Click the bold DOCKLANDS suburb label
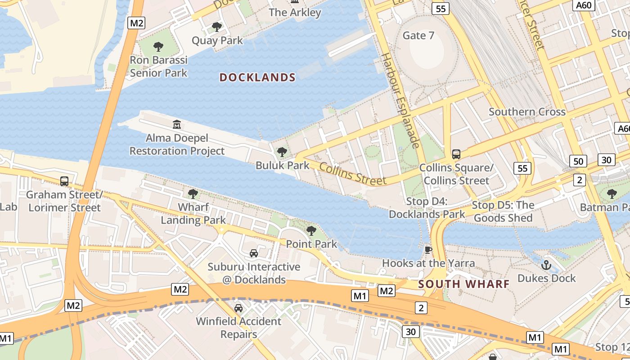click(x=257, y=77)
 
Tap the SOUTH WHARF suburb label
click(x=463, y=284)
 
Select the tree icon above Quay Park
click(x=217, y=27)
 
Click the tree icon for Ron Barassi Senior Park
click(x=158, y=46)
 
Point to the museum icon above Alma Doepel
click(x=177, y=124)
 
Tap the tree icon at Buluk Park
click(x=282, y=152)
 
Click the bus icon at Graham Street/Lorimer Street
click(x=64, y=181)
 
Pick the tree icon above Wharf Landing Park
click(x=193, y=194)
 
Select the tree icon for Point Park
click(x=311, y=231)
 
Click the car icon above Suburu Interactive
click(x=254, y=253)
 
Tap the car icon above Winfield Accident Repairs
click(x=238, y=308)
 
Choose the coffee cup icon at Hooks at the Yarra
click(x=428, y=249)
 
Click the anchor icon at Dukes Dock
click(x=546, y=265)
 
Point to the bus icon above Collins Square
click(x=456, y=154)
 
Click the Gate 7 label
click(x=418, y=36)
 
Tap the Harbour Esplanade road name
click(x=400, y=100)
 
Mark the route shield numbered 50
click(x=578, y=161)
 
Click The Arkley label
click(x=295, y=13)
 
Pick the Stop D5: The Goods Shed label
click(x=503, y=211)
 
